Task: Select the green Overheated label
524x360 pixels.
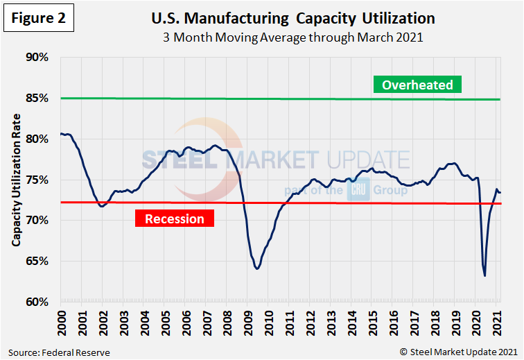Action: tap(417, 85)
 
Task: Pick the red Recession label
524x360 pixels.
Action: tap(175, 218)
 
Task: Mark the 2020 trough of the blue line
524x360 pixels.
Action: tap(484, 275)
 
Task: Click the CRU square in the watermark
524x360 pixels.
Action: tap(358, 190)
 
